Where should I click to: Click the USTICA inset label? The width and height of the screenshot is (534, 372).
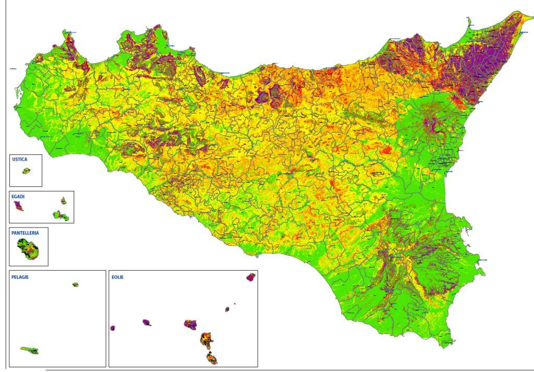pos(19,159)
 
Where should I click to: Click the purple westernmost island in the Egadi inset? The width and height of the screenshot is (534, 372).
pos(19,207)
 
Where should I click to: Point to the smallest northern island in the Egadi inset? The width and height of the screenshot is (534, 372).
pos(63,200)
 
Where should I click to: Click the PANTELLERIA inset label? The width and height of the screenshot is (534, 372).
pos(29,233)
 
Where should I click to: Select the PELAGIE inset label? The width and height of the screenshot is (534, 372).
pos(20,277)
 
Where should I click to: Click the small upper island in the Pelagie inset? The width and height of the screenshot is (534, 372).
pos(76,285)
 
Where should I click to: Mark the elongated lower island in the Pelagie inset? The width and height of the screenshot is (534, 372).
pos(30,350)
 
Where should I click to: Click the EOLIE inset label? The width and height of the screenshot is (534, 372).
pos(117,277)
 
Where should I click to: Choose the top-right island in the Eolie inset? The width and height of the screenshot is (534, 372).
pos(251,277)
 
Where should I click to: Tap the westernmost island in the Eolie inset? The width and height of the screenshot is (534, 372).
pos(113,328)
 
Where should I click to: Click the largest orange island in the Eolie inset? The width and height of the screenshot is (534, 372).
pos(206,339)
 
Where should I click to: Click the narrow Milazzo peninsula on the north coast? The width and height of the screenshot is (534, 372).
pos(468,23)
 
